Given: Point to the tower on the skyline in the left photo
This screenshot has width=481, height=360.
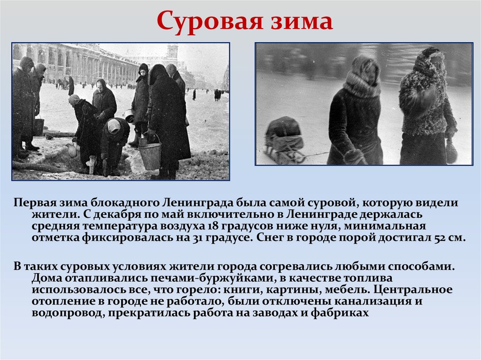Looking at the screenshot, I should [172, 53].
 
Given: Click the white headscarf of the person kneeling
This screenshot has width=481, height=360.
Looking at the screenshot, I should [114, 125].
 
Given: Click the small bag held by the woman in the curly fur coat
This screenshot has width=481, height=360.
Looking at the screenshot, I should [451, 150].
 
